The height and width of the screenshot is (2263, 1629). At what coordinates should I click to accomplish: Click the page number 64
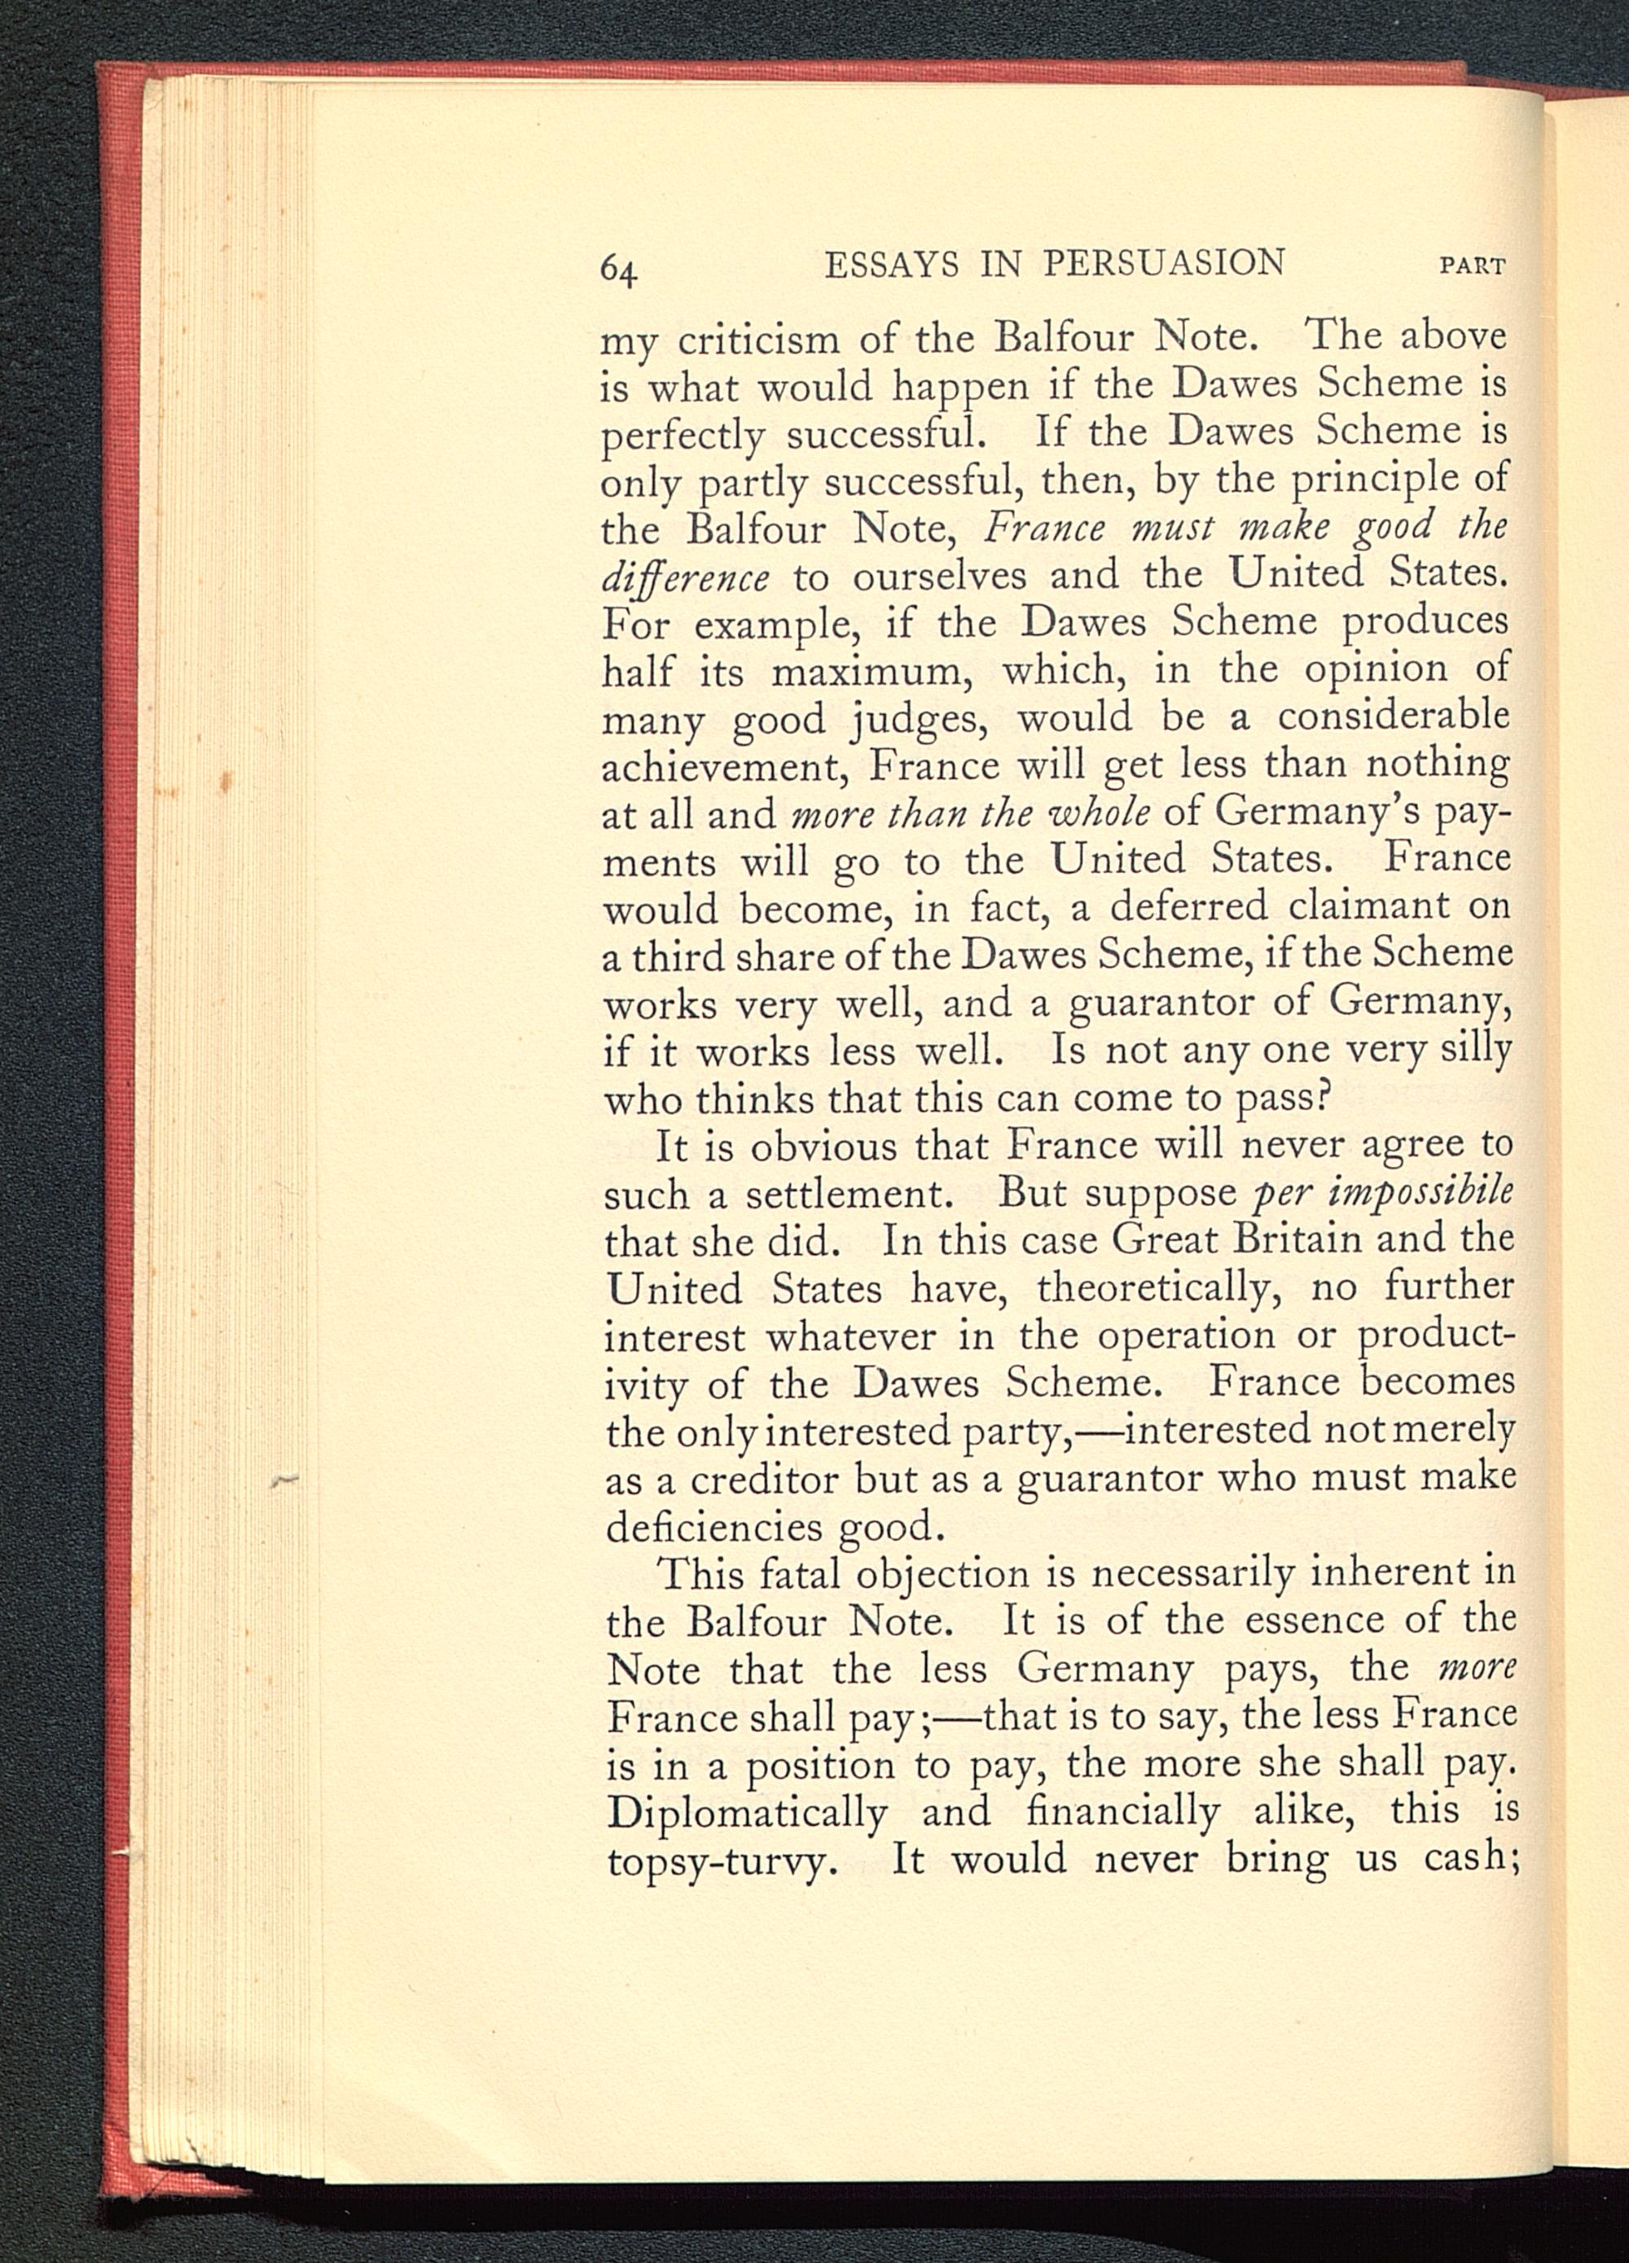tap(618, 270)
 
